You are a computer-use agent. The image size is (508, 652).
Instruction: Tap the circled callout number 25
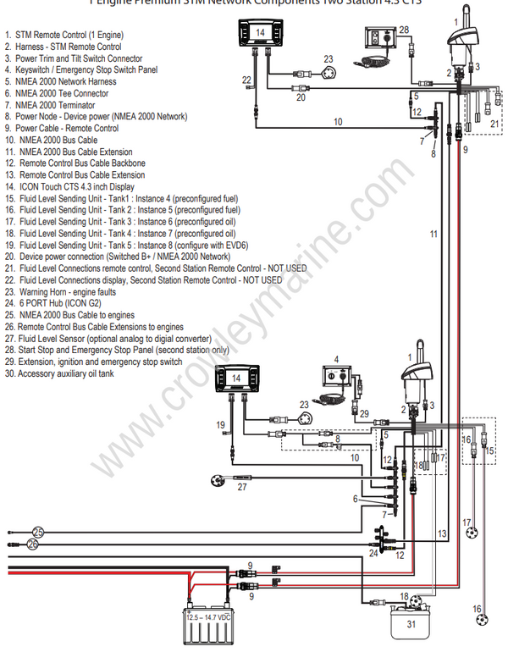coord(38,531)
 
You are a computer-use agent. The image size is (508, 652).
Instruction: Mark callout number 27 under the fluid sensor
coord(242,487)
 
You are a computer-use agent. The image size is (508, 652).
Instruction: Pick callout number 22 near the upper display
coord(246,79)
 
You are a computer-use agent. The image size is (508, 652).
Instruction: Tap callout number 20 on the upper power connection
coord(300,97)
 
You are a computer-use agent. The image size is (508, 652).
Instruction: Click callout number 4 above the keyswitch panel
coord(336,360)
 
